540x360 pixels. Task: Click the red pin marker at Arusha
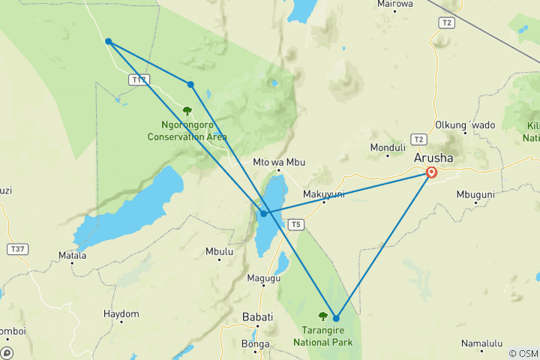[x=432, y=172]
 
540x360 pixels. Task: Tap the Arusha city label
[x=433, y=159]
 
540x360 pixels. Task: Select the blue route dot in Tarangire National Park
[x=336, y=319]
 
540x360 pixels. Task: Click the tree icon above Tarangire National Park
[x=323, y=316]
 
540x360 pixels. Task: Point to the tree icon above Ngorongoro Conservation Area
[x=187, y=111]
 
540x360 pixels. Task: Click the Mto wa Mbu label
[x=277, y=162]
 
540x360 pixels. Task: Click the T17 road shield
[x=138, y=79]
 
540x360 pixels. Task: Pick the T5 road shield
[x=296, y=223]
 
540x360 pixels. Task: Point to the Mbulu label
[x=219, y=252]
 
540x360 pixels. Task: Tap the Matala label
[x=73, y=256]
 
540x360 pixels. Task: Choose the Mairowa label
[x=395, y=4]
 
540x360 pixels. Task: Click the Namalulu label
[x=481, y=343]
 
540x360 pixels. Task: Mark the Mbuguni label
[x=475, y=194]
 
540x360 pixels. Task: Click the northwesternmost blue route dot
[x=109, y=41]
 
